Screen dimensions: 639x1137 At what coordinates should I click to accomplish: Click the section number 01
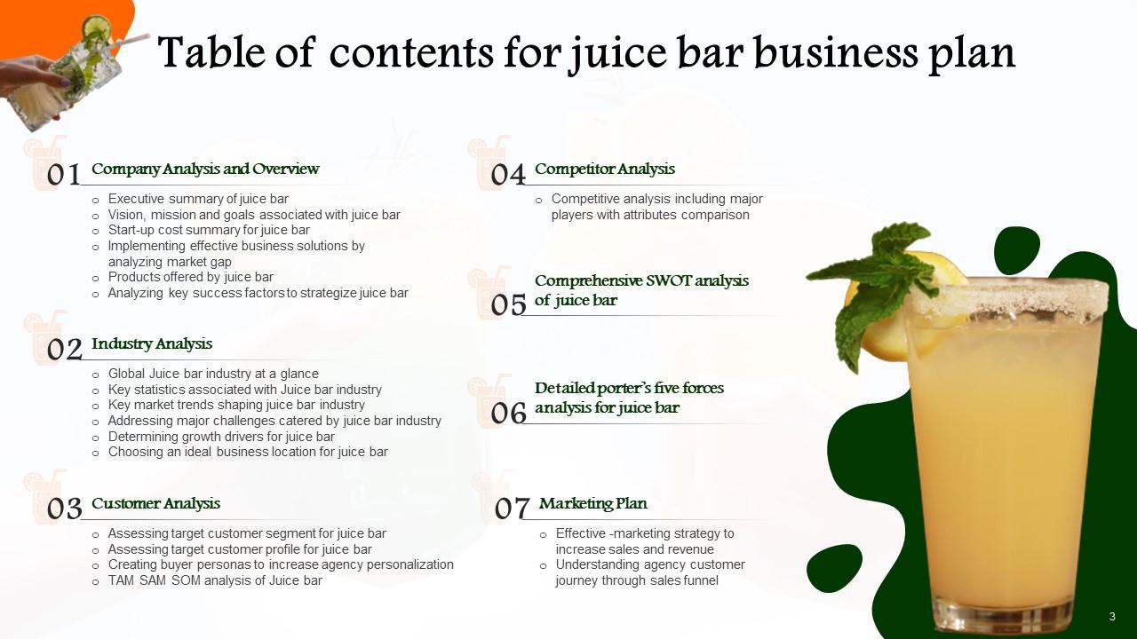click(x=64, y=175)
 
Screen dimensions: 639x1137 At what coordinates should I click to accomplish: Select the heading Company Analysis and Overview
click(x=205, y=169)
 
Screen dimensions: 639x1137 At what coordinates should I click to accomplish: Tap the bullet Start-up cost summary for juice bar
click(x=209, y=230)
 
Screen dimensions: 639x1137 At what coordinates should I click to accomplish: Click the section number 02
click(x=64, y=350)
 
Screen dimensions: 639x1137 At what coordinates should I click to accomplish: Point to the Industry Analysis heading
click(x=152, y=343)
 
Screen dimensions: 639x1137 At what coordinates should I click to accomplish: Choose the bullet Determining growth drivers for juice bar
click(x=221, y=436)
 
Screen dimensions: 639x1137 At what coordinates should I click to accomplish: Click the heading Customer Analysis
click(x=155, y=503)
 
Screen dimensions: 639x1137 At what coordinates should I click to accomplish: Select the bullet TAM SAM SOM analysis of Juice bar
click(x=215, y=580)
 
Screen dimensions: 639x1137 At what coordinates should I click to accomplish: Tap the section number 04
click(x=509, y=175)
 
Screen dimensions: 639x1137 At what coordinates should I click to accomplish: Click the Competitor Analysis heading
click(x=605, y=169)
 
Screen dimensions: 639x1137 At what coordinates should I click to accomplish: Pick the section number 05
click(x=509, y=305)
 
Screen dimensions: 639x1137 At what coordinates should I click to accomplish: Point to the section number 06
click(x=509, y=413)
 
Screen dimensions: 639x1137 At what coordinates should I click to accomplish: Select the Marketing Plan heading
click(x=592, y=503)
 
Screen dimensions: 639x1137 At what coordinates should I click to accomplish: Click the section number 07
click(x=513, y=509)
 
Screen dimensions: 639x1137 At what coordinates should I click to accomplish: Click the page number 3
click(x=1112, y=616)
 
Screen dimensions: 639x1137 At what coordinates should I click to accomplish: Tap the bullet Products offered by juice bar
click(x=190, y=277)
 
